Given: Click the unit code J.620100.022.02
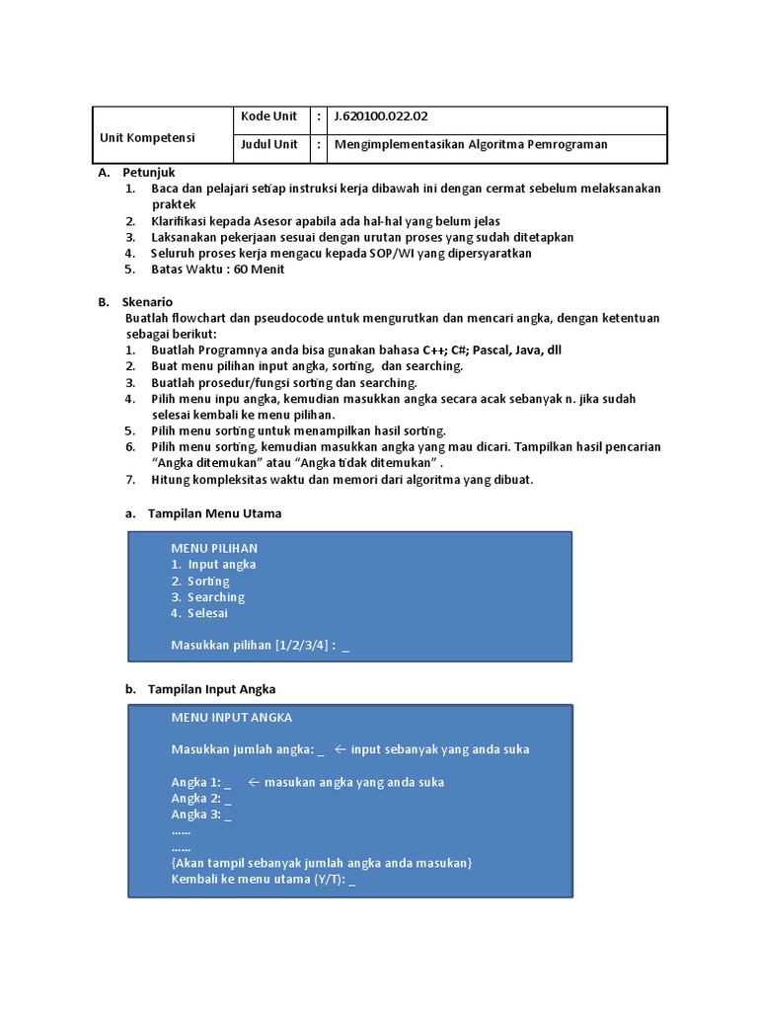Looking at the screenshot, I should click(x=381, y=117).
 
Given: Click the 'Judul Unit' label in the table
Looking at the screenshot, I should click(x=268, y=144).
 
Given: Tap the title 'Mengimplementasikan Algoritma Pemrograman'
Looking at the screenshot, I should click(x=471, y=144).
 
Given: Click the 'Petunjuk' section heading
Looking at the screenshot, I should click(x=148, y=173).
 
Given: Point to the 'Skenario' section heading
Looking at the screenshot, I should click(x=147, y=302).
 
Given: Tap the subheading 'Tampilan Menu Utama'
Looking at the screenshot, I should click(x=214, y=513).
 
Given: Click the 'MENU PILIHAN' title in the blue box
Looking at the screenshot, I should click(x=214, y=548).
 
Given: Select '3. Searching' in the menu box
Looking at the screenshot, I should click(x=207, y=597).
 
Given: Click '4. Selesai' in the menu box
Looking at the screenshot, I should click(x=199, y=613).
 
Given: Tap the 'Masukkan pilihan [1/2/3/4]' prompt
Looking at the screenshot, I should click(x=253, y=646).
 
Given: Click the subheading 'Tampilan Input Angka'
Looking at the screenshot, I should click(x=211, y=689).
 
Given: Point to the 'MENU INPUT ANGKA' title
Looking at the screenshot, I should click(x=232, y=718).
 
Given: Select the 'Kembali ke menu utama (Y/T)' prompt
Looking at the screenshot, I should click(x=262, y=880).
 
